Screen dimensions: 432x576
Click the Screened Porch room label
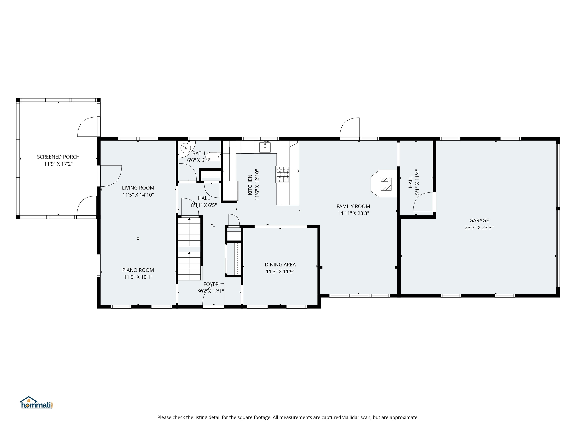click(x=58, y=157)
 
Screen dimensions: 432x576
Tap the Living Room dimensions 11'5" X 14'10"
click(x=138, y=195)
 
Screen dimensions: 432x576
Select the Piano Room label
click(x=138, y=270)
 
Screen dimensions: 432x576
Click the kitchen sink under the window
click(x=265, y=147)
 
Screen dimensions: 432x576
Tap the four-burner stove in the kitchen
click(x=283, y=174)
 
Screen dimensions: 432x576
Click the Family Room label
click(x=353, y=206)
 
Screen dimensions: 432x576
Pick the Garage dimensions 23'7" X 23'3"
click(x=479, y=227)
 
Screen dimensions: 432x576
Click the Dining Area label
click(x=280, y=265)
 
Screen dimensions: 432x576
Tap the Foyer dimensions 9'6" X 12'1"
click(x=211, y=291)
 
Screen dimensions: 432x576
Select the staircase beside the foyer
click(x=189, y=249)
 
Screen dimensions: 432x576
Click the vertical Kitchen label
click(x=250, y=185)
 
